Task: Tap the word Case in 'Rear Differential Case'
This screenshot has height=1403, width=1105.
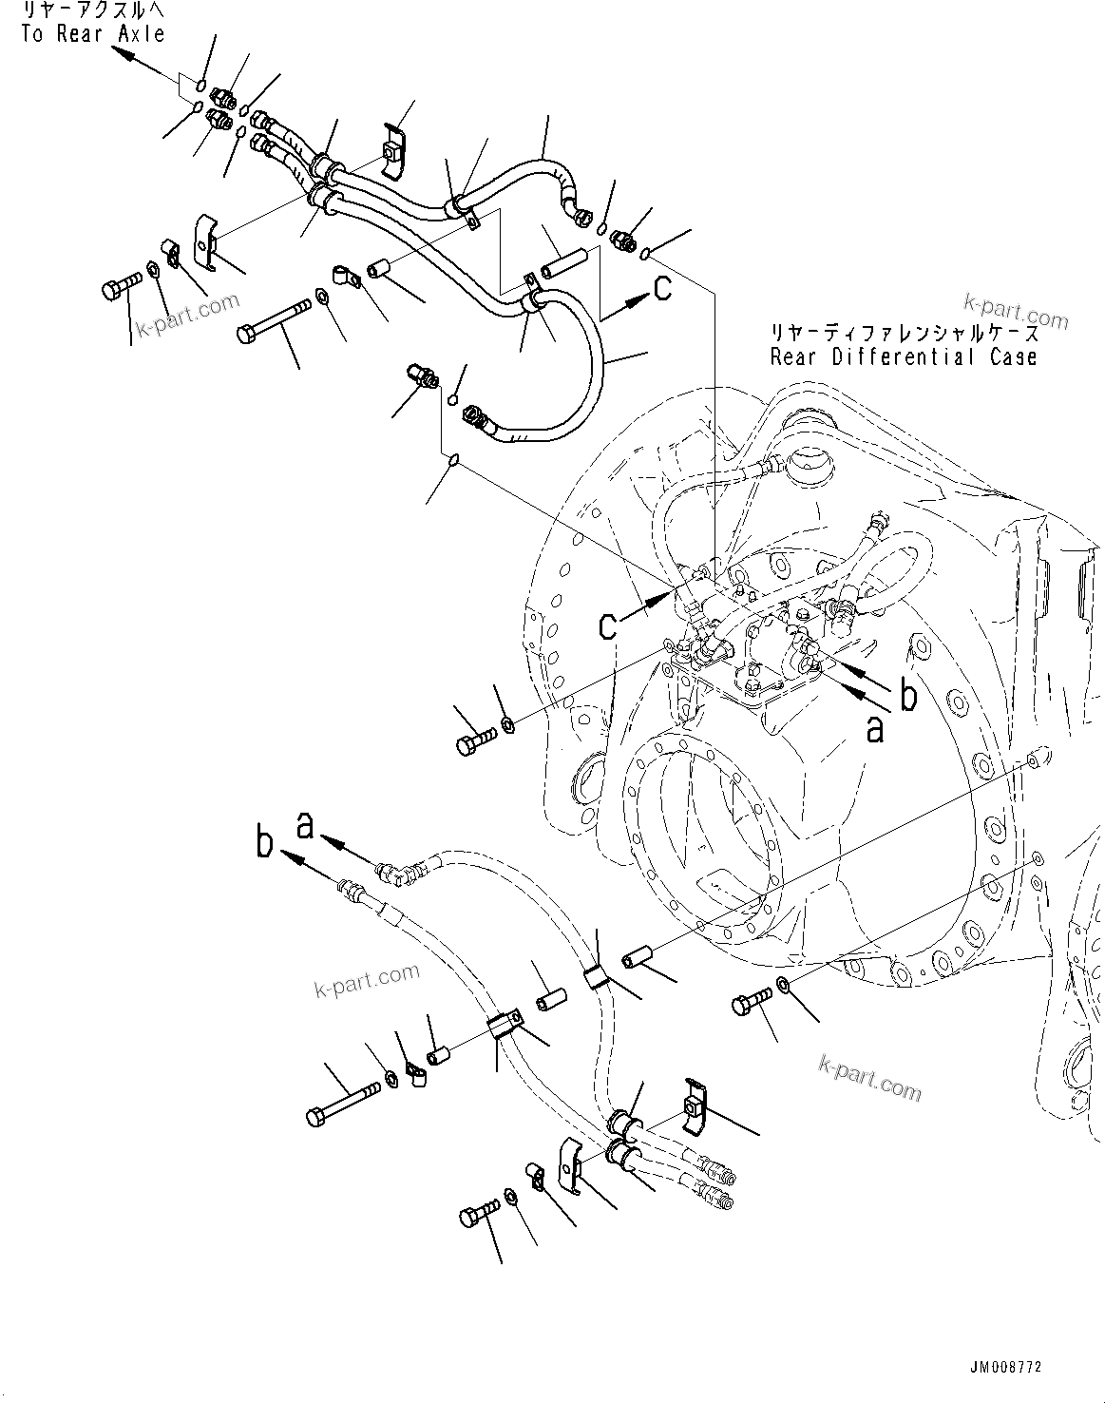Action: coord(1011,357)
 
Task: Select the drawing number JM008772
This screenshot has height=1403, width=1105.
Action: coord(1005,1368)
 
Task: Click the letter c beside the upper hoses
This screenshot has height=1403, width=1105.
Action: coord(662,287)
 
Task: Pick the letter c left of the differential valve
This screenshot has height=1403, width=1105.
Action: coord(608,625)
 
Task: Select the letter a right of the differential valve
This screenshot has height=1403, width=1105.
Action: coord(874,729)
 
